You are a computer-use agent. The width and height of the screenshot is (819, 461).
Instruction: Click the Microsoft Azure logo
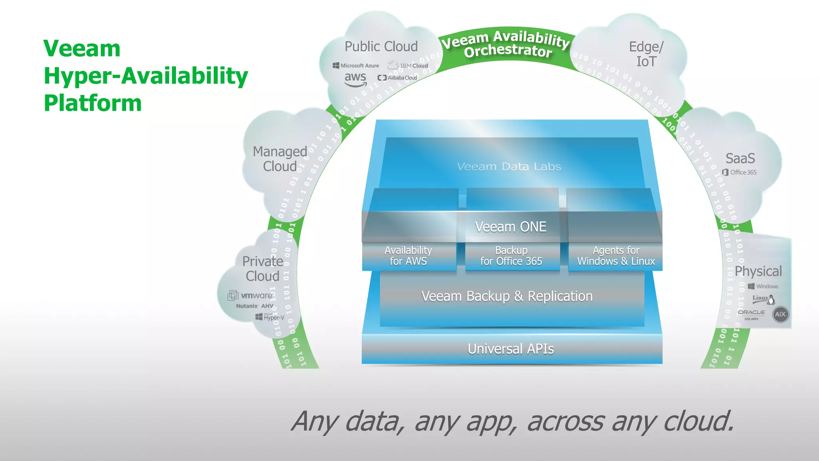point(356,66)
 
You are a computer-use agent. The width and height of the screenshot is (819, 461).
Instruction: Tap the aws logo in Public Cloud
point(356,79)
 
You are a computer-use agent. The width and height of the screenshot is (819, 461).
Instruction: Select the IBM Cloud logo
point(408,65)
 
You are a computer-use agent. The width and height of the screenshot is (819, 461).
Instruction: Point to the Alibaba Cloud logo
point(398,78)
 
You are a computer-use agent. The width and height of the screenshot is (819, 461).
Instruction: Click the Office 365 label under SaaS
point(739,172)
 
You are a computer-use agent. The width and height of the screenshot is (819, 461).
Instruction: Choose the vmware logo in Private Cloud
point(251,295)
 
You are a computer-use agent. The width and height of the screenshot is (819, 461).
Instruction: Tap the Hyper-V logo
point(270,317)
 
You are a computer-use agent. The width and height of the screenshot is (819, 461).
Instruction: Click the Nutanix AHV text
point(255,306)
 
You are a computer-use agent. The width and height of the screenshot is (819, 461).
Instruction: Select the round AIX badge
point(780,314)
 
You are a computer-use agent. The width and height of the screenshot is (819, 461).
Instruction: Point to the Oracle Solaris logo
point(751,314)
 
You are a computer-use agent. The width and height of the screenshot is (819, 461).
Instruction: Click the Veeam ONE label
point(511,227)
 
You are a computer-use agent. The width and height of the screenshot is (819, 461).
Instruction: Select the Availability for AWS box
point(408,256)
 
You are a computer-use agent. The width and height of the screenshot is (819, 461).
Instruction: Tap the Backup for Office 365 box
point(511,256)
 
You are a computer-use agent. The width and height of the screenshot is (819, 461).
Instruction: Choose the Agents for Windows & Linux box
point(616,256)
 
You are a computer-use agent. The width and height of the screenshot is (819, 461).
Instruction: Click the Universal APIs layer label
point(511,349)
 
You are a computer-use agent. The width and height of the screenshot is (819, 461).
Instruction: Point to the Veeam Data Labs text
point(509,166)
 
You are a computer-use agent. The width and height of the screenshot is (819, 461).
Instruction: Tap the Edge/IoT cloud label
point(646,54)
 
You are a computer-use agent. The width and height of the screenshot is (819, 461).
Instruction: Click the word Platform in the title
point(93,103)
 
